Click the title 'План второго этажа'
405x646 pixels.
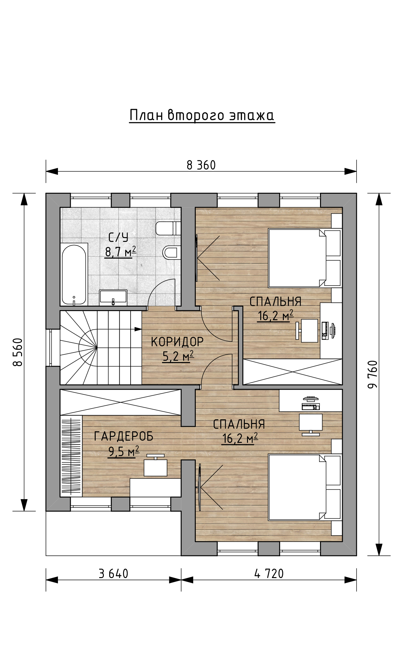click(x=202, y=115)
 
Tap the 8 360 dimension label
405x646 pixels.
click(x=201, y=165)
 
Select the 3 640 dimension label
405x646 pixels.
click(x=114, y=574)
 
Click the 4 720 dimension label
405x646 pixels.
click(x=269, y=574)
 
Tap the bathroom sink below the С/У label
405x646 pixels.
click(x=113, y=298)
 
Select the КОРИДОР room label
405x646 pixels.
click(x=177, y=342)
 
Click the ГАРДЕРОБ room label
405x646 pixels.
click(x=124, y=436)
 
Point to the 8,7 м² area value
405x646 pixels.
click(x=121, y=252)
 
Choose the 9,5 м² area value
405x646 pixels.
click(x=124, y=452)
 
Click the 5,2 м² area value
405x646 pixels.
click(x=178, y=356)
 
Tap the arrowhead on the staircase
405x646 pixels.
click(x=138, y=329)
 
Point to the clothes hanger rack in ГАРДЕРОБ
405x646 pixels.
click(x=71, y=456)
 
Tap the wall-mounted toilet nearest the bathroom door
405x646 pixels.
click(x=172, y=252)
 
